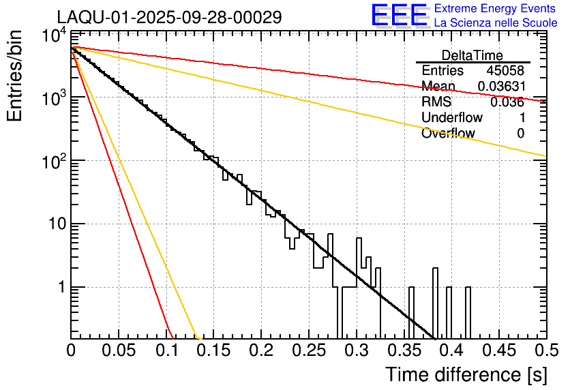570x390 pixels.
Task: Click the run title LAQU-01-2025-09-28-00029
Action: (168, 17)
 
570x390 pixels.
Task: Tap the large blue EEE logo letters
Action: (398, 16)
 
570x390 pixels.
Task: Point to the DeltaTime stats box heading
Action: (472, 55)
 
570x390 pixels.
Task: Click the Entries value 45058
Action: (505, 71)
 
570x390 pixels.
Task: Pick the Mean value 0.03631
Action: (500, 87)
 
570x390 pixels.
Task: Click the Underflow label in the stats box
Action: (452, 118)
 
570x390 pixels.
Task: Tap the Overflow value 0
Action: (521, 134)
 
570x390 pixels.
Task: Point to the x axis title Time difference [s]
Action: (465, 374)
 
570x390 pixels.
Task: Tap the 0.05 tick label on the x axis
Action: (118, 350)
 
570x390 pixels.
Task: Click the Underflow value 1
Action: (521, 118)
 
